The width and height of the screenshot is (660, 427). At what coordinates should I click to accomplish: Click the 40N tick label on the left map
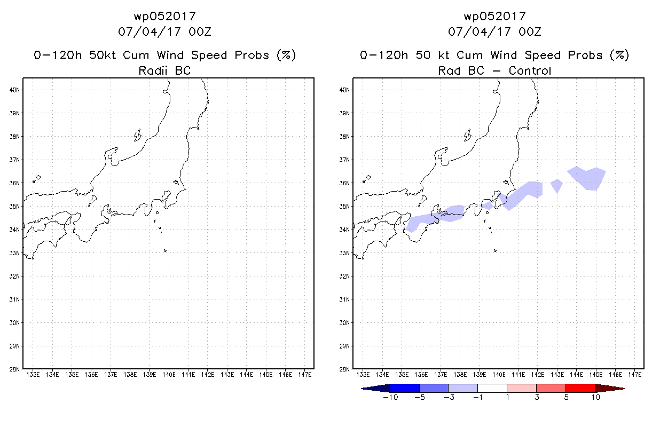[x=14, y=90]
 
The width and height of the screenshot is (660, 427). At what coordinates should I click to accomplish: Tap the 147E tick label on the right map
[x=635, y=375]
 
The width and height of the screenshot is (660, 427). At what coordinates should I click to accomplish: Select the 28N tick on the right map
[x=344, y=369]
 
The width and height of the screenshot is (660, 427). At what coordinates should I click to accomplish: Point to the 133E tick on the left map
[x=33, y=375]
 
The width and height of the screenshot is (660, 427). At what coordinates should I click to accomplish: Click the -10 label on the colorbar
[x=390, y=397]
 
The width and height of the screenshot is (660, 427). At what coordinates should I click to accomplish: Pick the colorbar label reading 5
[x=566, y=397]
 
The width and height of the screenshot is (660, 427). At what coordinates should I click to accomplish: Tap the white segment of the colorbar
[x=492, y=389]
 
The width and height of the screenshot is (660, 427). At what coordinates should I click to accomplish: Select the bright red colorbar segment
[x=580, y=389]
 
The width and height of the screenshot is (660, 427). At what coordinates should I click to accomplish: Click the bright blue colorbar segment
[x=405, y=389]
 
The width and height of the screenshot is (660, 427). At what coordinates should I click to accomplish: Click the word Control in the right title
[x=530, y=70]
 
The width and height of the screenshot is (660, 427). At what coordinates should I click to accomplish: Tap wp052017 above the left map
[x=165, y=17]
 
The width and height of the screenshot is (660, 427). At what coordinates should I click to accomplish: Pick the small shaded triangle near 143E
[x=556, y=185]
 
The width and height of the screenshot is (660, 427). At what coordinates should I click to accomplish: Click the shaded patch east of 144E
[x=587, y=178]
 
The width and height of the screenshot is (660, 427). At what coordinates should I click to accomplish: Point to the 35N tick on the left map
[x=14, y=206]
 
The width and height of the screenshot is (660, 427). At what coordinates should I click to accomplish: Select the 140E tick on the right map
[x=499, y=375]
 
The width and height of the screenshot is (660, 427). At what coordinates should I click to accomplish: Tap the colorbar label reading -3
[x=449, y=397]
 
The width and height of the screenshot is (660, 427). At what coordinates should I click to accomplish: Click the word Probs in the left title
[x=252, y=55]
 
